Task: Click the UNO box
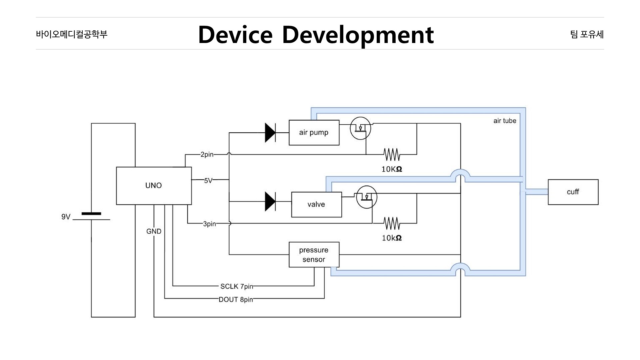[154, 186]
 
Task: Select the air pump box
[314, 133]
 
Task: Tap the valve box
[316, 204]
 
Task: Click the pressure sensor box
[314, 255]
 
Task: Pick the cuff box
[573, 192]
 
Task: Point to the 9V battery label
[66, 217]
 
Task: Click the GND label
[154, 231]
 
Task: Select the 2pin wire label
[207, 155]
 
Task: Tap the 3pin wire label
[209, 224]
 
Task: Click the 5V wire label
[208, 181]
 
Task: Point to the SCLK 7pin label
[236, 286]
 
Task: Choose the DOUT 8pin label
[236, 300]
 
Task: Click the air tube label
[505, 121]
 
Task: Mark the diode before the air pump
[270, 133]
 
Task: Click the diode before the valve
[270, 201]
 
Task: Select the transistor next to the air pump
[360, 128]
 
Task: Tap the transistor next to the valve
[367, 197]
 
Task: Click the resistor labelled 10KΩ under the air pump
[392, 155]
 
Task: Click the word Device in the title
[235, 35]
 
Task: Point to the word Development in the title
[358, 35]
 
